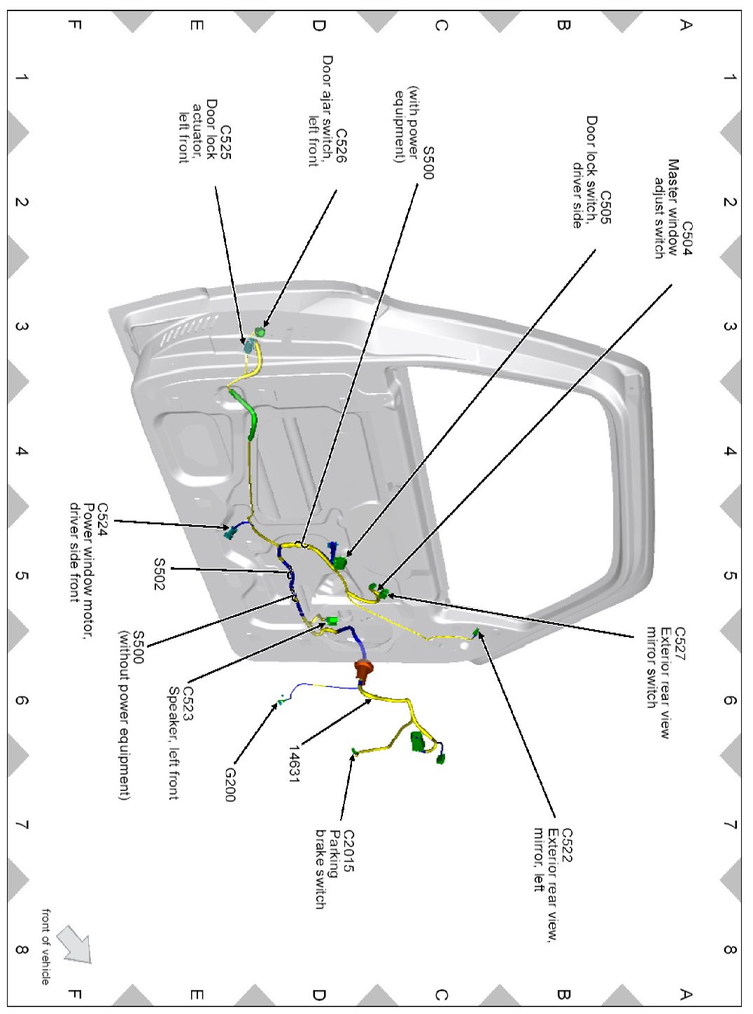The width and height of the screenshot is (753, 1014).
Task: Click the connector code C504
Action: (687, 238)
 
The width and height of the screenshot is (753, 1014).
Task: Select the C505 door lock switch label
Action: (606, 208)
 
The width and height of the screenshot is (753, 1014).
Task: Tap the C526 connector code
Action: (342, 145)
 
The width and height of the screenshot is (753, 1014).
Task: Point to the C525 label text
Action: (225, 142)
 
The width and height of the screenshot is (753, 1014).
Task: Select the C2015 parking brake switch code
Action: (349, 851)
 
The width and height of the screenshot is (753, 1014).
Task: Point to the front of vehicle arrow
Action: (75, 943)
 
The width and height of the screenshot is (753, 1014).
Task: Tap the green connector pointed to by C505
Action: (341, 563)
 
